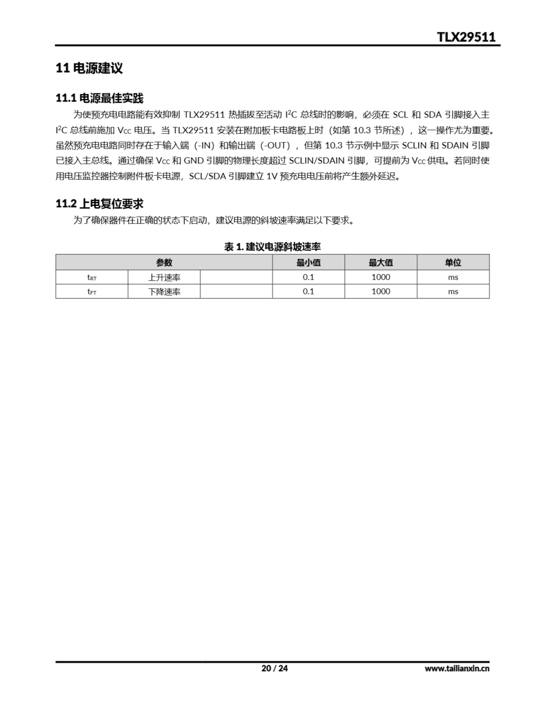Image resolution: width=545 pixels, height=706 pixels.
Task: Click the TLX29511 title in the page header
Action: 466,37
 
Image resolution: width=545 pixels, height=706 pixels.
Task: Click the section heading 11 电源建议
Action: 89,68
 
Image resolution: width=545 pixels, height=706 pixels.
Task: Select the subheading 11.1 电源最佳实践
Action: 99,98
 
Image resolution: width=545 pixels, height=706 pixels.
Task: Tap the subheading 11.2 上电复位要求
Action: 99,204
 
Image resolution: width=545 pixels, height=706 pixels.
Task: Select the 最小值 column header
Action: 308,263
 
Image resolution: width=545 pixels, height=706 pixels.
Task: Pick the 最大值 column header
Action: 381,263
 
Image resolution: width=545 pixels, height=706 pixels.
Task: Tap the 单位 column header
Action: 453,263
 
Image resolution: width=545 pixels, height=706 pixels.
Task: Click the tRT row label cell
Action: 92,277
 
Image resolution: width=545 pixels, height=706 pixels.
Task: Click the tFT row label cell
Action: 92,292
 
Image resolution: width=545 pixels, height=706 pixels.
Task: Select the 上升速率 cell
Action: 164,277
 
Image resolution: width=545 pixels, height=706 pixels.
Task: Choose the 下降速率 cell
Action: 164,292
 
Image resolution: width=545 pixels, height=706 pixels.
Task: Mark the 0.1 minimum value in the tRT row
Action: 308,277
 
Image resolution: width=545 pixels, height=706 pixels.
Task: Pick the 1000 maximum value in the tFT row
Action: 381,292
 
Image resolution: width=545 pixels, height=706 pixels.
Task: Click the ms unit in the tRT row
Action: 453,277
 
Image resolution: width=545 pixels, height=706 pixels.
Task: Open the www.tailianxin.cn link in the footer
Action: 457,668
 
